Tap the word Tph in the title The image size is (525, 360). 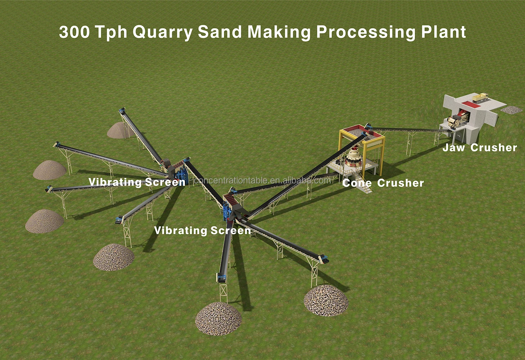(x=112, y=32)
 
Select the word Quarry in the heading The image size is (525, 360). (x=162, y=32)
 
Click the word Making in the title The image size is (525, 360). (x=279, y=32)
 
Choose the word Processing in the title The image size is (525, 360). (x=366, y=32)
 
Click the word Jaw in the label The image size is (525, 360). (x=453, y=148)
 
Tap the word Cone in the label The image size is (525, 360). (x=357, y=183)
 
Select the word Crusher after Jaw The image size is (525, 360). (x=494, y=148)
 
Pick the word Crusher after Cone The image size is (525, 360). (x=400, y=183)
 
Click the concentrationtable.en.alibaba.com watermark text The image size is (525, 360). (x=262, y=180)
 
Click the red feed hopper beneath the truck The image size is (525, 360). (x=468, y=105)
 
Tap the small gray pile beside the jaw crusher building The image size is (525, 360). (x=511, y=109)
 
